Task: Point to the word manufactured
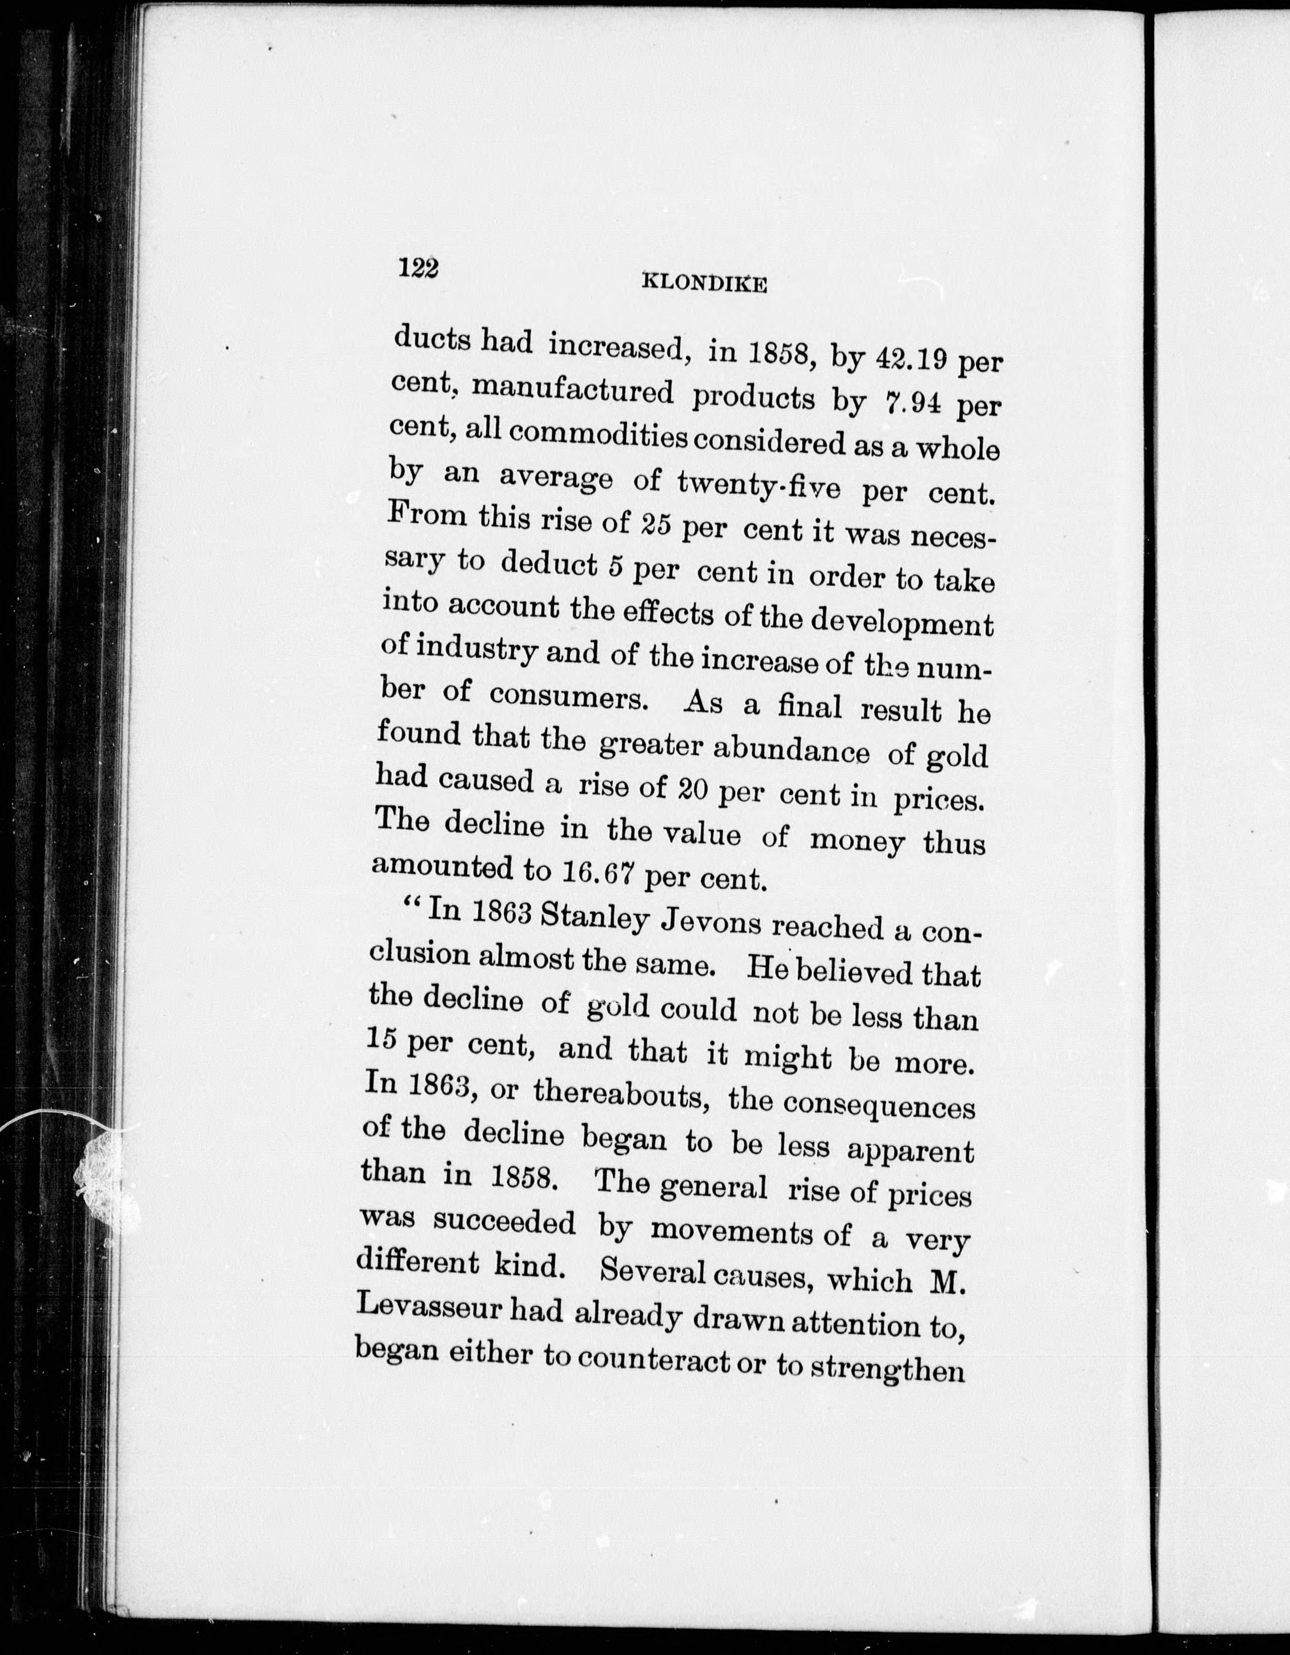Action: point(572,393)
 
